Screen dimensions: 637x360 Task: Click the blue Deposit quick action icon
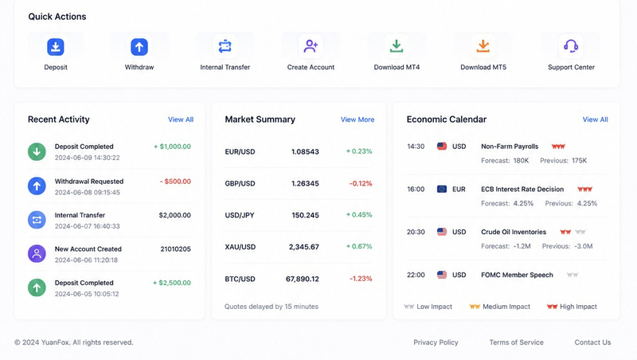(x=56, y=47)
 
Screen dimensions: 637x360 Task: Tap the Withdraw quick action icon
(x=139, y=47)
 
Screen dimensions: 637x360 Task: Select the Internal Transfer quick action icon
(x=225, y=46)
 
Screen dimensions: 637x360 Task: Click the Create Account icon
(x=311, y=46)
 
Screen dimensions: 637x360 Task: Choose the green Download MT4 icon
(x=397, y=46)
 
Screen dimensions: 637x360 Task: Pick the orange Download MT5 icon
(x=483, y=46)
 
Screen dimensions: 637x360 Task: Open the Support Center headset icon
(x=571, y=46)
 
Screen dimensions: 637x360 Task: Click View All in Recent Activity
(x=181, y=119)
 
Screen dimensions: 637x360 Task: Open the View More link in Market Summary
(x=358, y=119)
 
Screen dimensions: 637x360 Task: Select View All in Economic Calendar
(x=595, y=119)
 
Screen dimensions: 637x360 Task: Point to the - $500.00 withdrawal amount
(x=175, y=182)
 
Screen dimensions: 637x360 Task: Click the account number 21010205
(x=175, y=249)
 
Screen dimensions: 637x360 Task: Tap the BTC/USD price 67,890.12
(x=303, y=279)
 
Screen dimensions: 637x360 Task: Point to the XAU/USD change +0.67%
(x=359, y=247)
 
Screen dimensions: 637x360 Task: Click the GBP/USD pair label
(x=240, y=184)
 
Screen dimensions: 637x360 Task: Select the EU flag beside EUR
(x=442, y=189)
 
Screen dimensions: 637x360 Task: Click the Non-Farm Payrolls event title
(x=510, y=147)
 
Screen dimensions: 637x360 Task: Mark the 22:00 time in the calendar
(x=416, y=275)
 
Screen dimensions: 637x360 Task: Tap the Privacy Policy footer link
(x=436, y=342)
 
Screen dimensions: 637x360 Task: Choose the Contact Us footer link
(x=592, y=342)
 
